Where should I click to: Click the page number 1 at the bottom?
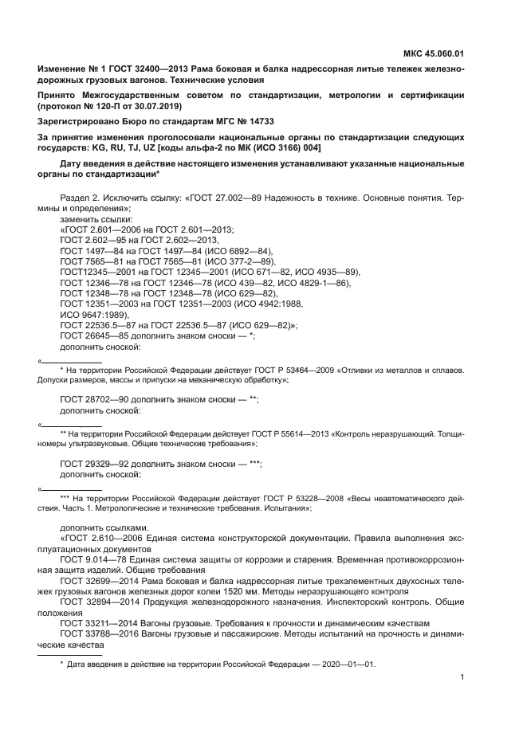[x=462, y=678]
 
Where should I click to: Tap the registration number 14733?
[x=257, y=123]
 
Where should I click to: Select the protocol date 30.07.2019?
[x=160, y=106]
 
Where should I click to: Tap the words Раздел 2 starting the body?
[x=82, y=197]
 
